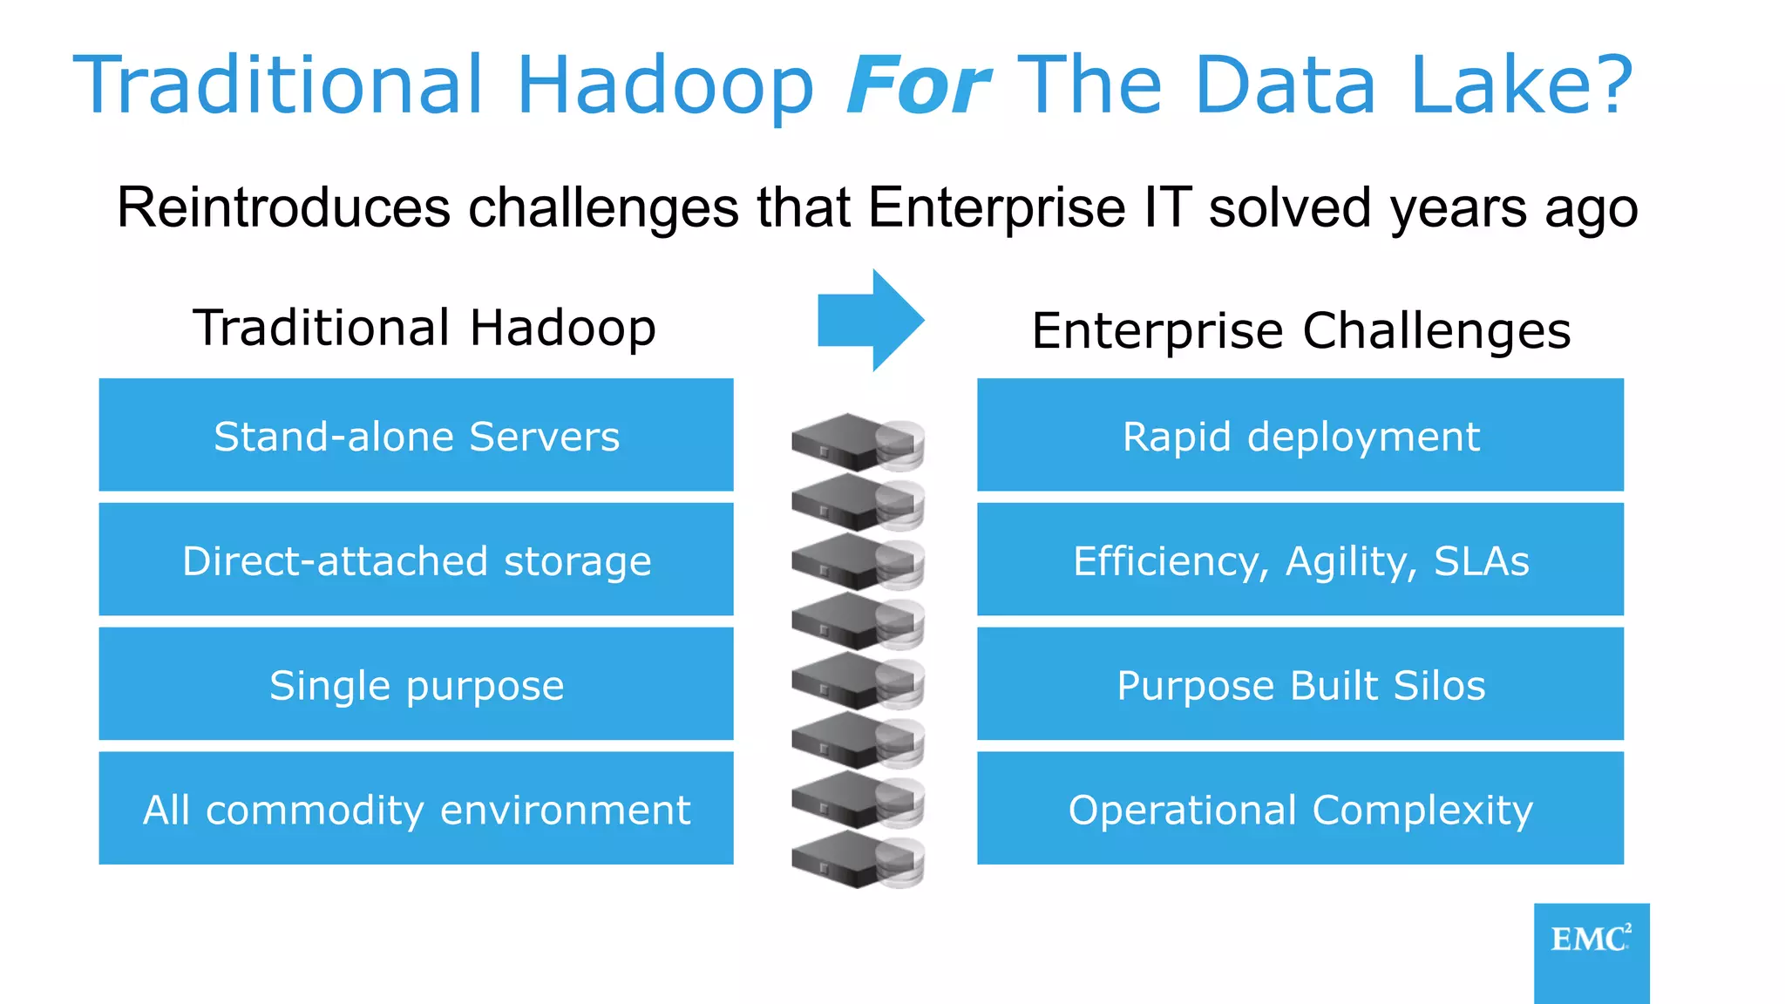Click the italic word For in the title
(x=918, y=85)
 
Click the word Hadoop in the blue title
(x=664, y=85)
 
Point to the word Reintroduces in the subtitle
(x=283, y=208)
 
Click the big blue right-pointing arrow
(x=870, y=321)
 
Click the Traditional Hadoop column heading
(x=424, y=328)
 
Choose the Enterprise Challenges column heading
(x=1300, y=331)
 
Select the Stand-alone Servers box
(x=417, y=436)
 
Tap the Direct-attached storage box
(x=417, y=560)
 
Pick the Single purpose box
(x=417, y=685)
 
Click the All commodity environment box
(x=417, y=810)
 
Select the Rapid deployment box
(x=1300, y=436)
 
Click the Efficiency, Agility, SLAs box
(x=1300, y=560)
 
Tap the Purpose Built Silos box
(x=1300, y=685)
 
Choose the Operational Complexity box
(x=1300, y=810)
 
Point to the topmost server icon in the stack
(x=856, y=442)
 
